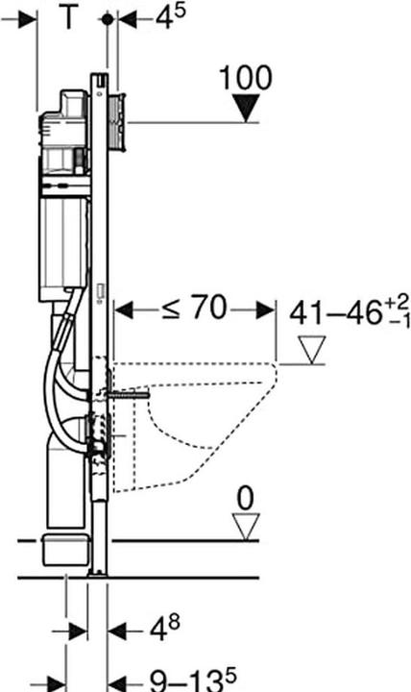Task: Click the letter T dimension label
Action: pos(68,17)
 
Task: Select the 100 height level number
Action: pos(246,78)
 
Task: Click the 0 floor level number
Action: pos(245,498)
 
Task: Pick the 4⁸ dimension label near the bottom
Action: pos(164,628)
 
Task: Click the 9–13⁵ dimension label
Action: pos(193,680)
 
